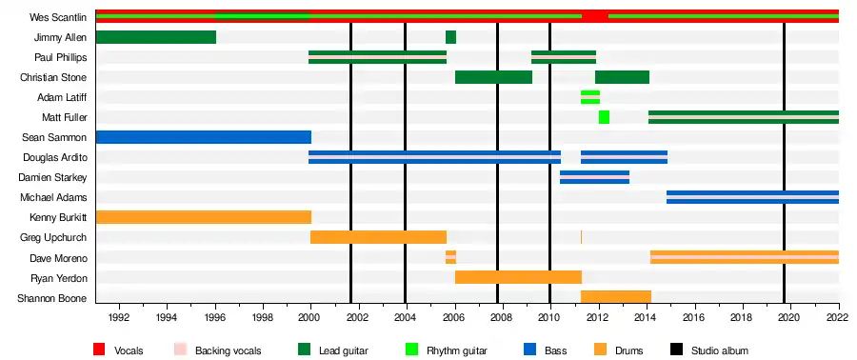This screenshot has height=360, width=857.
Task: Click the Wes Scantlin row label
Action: click(x=58, y=17)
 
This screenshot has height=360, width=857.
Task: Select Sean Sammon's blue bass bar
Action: click(x=204, y=137)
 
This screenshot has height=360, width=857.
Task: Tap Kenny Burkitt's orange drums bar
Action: click(x=204, y=217)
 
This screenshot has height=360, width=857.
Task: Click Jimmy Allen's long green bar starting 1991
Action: click(x=156, y=37)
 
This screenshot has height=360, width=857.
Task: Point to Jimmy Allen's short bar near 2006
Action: click(x=451, y=37)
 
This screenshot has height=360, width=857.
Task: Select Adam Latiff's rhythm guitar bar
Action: click(x=590, y=97)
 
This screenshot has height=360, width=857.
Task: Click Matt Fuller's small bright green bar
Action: click(x=604, y=117)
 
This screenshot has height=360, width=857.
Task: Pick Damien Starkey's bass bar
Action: click(x=594, y=177)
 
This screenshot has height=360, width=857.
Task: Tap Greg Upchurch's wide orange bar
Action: click(x=378, y=237)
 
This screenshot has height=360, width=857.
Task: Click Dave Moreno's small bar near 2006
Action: click(x=451, y=257)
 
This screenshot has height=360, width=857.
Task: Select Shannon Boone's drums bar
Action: click(x=616, y=297)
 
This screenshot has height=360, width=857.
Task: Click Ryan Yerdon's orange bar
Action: click(x=518, y=277)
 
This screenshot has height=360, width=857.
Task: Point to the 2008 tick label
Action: click(x=502, y=316)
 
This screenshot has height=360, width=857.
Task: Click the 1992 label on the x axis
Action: click(x=119, y=316)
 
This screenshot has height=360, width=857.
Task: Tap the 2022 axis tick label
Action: click(x=838, y=316)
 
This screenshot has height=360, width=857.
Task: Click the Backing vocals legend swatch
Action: click(x=180, y=350)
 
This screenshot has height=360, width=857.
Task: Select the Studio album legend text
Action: click(x=720, y=350)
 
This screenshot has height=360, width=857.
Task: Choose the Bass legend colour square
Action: click(x=529, y=350)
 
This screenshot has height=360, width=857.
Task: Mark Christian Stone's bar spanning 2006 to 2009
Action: click(x=493, y=77)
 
